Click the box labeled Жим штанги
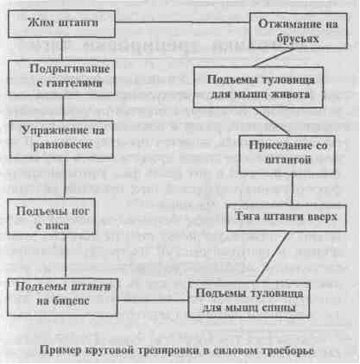point(61,24)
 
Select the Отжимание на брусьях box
point(298,30)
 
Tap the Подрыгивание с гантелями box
point(61,78)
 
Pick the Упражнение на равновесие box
point(61,139)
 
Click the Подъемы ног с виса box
point(51,217)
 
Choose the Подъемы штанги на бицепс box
point(62,297)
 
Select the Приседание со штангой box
point(287,154)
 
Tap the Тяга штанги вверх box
point(287,217)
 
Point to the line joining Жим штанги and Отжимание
point(182,22)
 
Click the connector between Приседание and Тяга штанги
point(293,189)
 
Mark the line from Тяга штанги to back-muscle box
point(273,257)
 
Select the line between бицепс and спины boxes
point(153,300)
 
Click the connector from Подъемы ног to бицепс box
point(66,256)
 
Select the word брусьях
point(298,39)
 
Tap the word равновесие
point(63,145)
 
